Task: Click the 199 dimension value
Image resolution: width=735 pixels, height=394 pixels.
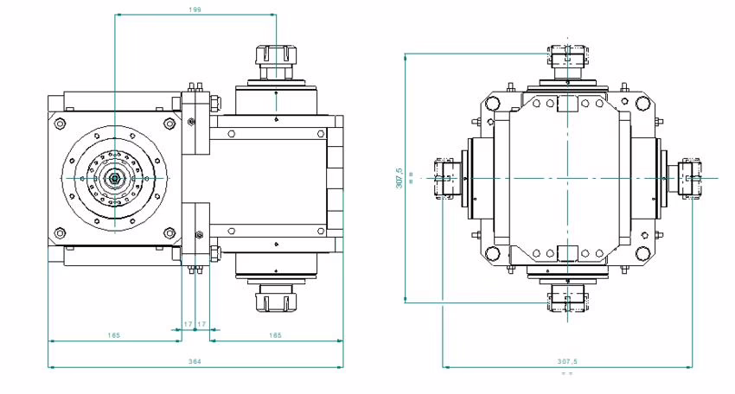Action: point(195,9)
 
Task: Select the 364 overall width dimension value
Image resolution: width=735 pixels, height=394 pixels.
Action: point(195,361)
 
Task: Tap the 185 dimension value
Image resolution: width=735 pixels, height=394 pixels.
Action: point(114,334)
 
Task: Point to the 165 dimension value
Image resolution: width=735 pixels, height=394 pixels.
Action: point(275,334)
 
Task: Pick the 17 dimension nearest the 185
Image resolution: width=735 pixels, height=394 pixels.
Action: point(189,324)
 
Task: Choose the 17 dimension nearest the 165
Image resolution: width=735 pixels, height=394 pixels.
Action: point(202,324)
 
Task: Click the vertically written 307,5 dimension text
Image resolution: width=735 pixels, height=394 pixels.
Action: point(399,177)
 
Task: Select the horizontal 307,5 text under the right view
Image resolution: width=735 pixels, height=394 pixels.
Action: point(567,361)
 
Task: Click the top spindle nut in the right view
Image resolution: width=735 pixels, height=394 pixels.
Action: point(567,58)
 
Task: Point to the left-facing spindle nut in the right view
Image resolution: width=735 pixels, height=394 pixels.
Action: point(443,178)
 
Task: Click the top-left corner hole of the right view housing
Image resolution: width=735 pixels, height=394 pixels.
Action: point(492,104)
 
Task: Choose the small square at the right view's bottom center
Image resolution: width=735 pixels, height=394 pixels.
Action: point(567,253)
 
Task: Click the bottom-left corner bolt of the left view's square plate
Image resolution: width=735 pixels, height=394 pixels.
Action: point(60,232)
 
